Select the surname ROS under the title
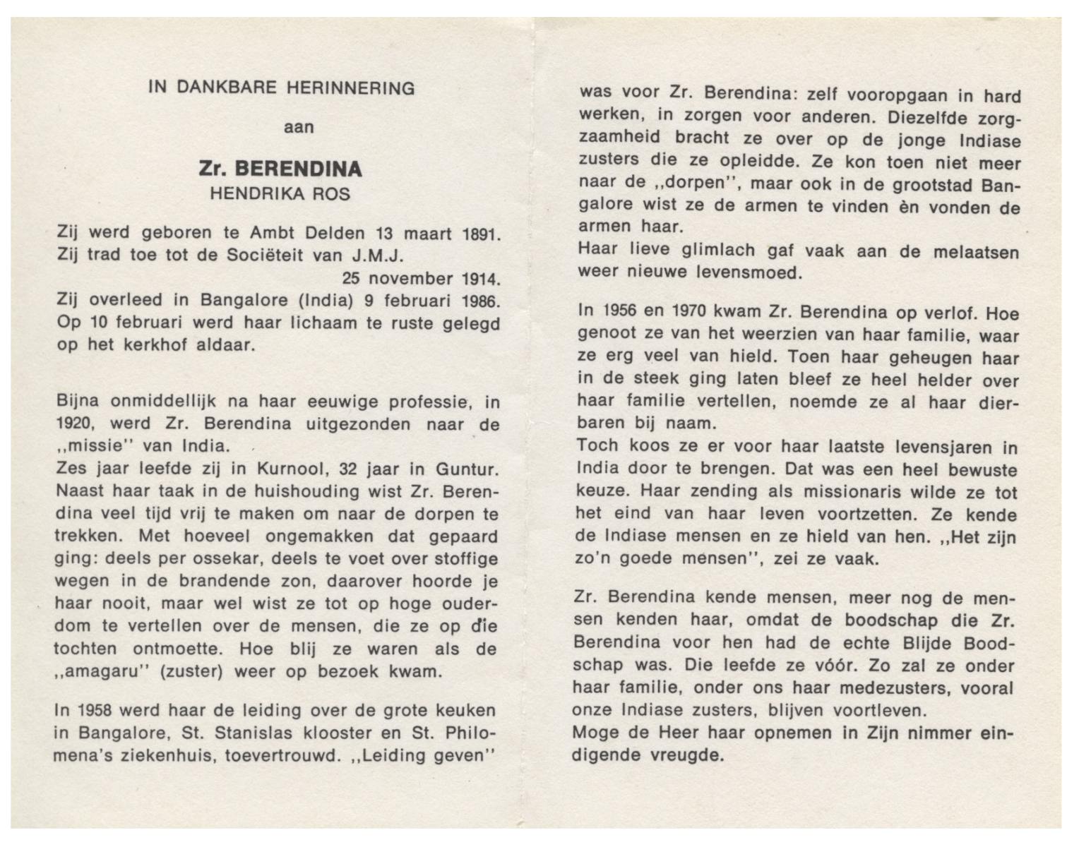(x=331, y=193)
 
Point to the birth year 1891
(x=481, y=234)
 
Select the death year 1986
(x=481, y=301)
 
